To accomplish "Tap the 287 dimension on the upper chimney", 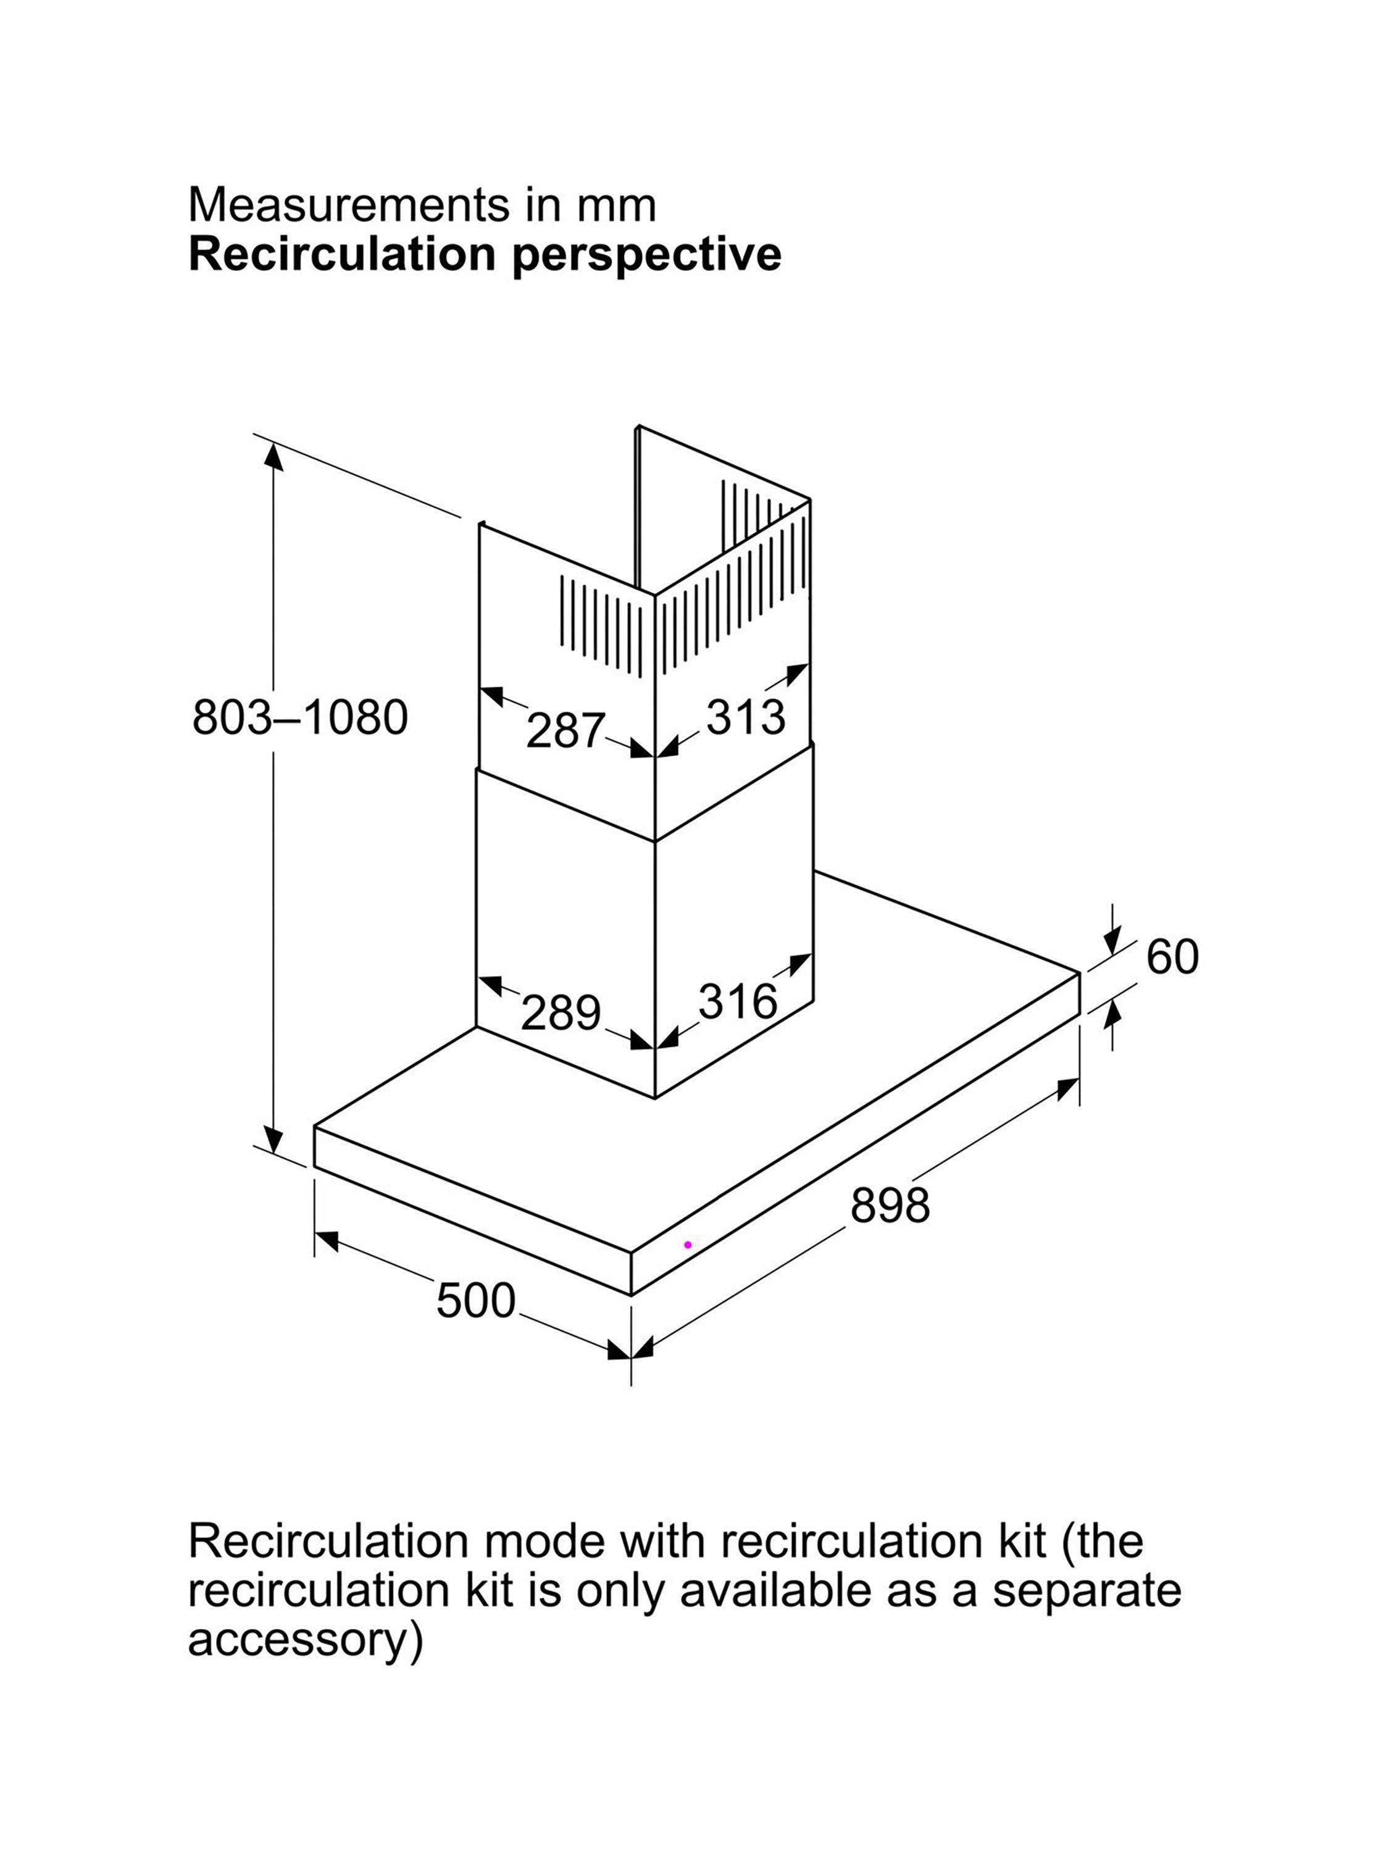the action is [x=565, y=730].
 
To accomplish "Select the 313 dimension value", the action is [x=746, y=717].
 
